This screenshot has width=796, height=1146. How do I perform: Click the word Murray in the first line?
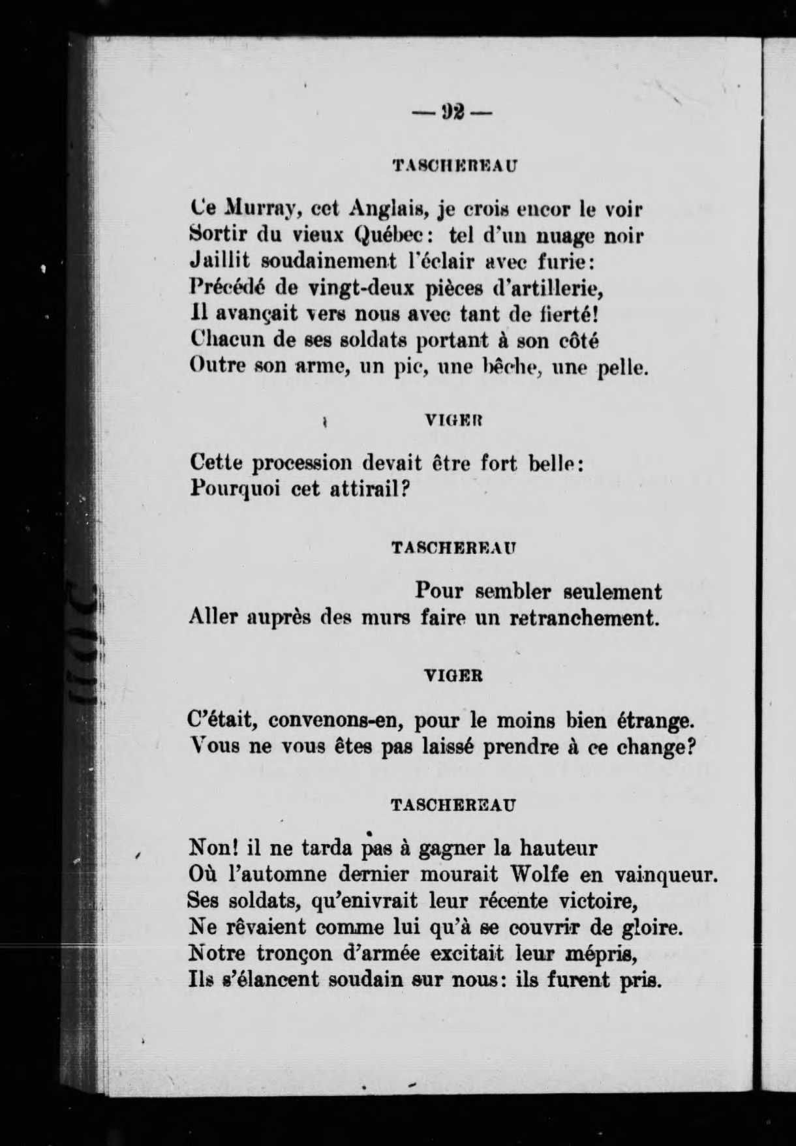point(262,211)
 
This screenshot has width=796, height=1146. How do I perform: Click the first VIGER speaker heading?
point(453,422)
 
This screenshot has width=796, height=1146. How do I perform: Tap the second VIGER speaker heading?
point(453,676)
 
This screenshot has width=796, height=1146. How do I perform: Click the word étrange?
point(654,722)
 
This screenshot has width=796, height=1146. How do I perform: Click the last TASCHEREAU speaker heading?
point(453,805)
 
